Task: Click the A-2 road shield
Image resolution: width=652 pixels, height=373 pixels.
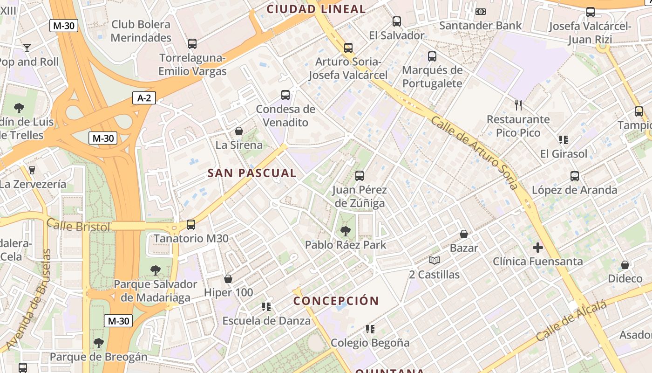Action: (144, 98)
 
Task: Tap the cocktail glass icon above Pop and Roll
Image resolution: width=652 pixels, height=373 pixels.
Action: (27, 48)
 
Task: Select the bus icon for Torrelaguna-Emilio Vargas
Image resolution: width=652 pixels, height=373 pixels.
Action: (192, 44)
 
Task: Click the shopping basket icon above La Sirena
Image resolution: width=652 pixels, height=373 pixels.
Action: (239, 131)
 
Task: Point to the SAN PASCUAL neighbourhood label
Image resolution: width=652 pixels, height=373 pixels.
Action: (252, 173)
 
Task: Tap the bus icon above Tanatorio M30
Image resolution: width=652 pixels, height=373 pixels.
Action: (191, 225)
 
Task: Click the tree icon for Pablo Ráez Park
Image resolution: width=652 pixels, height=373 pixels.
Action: (346, 231)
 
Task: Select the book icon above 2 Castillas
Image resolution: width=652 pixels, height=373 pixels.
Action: (435, 260)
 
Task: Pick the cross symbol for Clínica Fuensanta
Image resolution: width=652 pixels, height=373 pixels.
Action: (538, 247)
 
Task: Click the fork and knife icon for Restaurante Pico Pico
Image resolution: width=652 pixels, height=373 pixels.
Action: (519, 105)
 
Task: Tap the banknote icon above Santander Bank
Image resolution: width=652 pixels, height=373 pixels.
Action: (481, 12)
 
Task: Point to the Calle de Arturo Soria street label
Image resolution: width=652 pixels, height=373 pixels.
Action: (475, 152)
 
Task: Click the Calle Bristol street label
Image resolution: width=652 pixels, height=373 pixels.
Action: (78, 226)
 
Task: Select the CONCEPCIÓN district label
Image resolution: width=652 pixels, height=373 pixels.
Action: (336, 301)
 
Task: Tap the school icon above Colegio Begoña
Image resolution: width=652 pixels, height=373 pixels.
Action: (370, 329)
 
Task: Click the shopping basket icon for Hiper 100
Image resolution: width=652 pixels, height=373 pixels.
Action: (228, 279)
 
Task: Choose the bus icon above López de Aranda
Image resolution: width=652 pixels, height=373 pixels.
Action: (575, 176)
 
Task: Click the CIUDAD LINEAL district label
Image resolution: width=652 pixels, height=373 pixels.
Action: (316, 9)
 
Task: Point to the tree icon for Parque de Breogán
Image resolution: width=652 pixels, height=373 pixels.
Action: (98, 343)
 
